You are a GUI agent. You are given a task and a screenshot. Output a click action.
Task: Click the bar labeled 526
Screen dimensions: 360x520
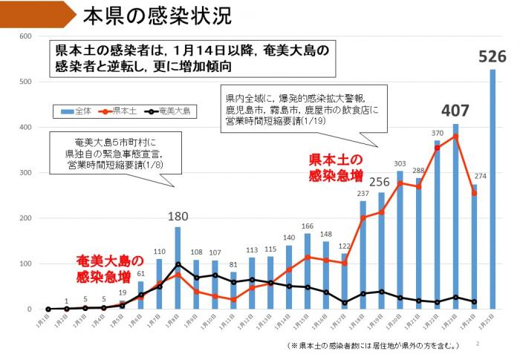(493, 189)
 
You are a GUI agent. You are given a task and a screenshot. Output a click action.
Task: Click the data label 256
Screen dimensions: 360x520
(380, 183)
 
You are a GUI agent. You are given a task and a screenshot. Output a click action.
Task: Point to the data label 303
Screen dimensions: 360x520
(400, 164)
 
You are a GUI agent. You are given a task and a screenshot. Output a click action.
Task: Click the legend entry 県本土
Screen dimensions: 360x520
(123, 111)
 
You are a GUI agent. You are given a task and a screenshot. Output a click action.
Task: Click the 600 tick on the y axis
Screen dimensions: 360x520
(25, 36)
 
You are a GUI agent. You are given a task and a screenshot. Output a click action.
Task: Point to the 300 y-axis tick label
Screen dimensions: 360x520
(25, 172)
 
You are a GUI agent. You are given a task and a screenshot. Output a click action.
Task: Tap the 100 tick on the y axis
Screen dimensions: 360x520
(25, 264)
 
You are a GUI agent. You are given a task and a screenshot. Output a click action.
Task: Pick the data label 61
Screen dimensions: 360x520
(141, 274)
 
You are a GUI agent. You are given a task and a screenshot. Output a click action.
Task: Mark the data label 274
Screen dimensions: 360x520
(478, 177)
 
